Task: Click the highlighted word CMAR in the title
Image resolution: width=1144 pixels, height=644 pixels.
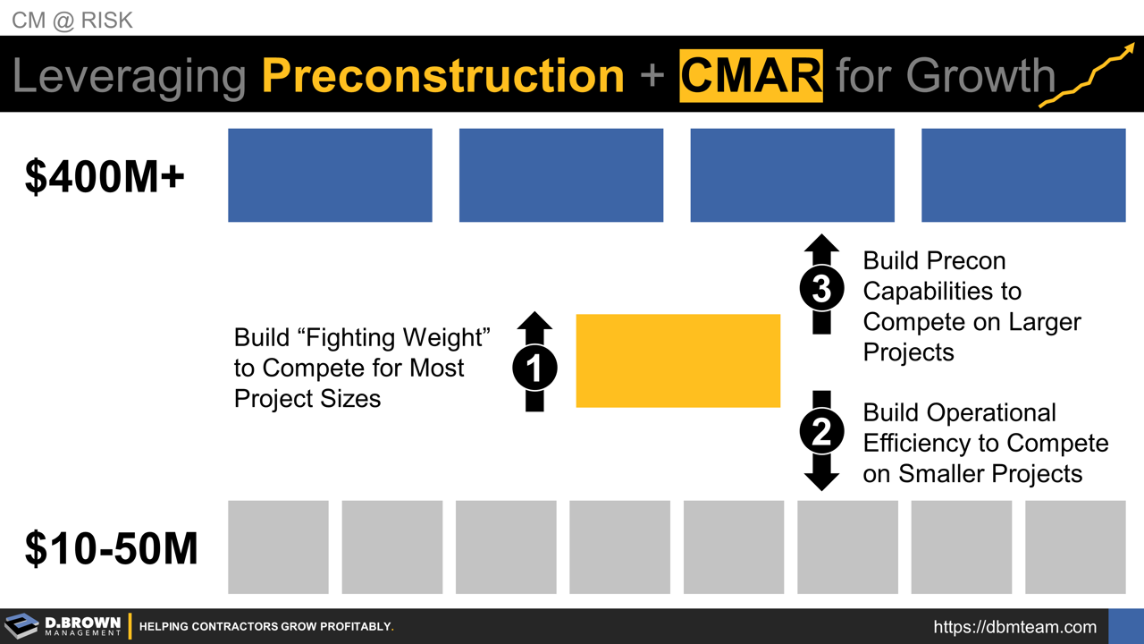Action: click(751, 75)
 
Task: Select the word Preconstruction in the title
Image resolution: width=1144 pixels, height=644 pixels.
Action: click(442, 75)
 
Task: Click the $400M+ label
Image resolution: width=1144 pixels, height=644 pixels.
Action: click(105, 177)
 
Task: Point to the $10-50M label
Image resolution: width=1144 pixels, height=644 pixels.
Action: click(111, 547)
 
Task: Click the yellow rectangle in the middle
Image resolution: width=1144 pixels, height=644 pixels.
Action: click(677, 360)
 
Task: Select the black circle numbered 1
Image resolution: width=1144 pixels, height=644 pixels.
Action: click(534, 368)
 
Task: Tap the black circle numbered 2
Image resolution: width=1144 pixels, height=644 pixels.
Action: click(821, 433)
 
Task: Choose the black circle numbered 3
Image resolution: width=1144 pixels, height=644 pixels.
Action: click(821, 289)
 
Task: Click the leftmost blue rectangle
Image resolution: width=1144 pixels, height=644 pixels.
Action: click(330, 175)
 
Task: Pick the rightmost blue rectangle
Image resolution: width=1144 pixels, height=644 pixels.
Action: click(1023, 175)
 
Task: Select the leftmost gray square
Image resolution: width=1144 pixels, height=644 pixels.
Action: click(278, 547)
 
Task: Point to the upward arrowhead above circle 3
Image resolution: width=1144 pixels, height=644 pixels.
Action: click(821, 244)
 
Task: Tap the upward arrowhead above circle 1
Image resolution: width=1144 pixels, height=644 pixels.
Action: click(534, 321)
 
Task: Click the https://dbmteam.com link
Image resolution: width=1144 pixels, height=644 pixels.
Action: click(1014, 627)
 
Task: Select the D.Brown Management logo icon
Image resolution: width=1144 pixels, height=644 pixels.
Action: click(21, 626)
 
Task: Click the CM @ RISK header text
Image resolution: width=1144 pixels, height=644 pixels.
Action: click(72, 20)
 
